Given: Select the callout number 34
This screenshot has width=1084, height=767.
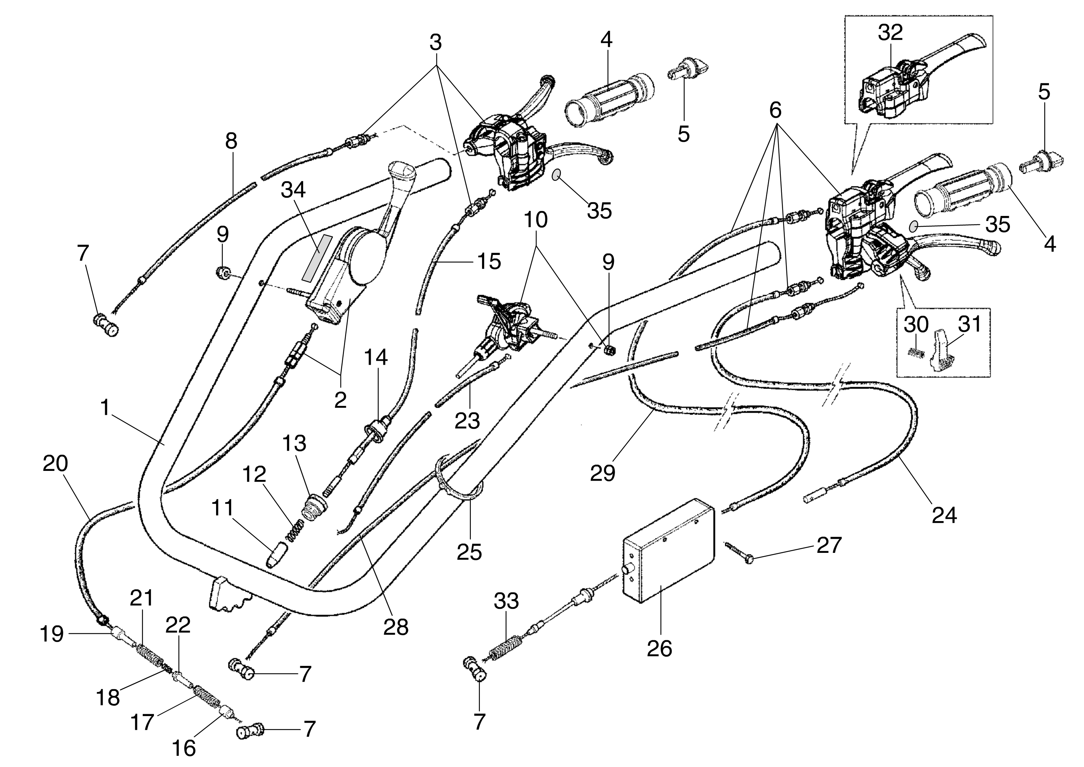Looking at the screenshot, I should [293, 190].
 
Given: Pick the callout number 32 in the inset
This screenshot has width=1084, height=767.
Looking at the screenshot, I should [890, 32].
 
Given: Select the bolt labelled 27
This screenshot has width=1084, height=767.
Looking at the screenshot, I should [740, 552].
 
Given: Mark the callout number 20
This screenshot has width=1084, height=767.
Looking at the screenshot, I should [55, 464].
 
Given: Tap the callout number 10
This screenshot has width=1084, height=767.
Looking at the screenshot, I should [535, 220].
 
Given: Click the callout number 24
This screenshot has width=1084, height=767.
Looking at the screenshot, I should [944, 515].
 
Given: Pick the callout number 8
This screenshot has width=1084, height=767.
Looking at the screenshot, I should [231, 141].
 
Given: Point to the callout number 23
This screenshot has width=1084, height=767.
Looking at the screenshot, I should [467, 420].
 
